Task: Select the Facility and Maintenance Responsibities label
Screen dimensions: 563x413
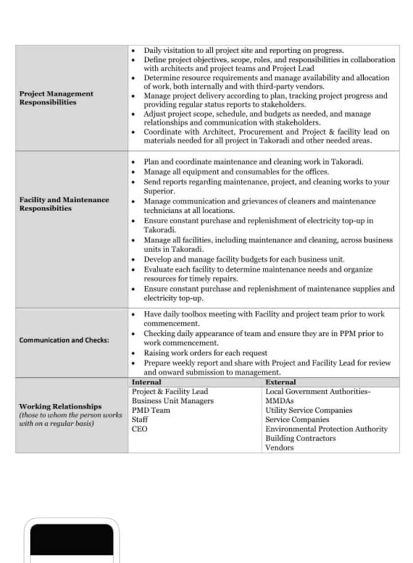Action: (64, 204)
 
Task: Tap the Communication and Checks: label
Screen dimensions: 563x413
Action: (64, 340)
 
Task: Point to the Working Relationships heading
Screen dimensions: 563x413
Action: (60, 406)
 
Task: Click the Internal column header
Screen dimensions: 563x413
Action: (146, 382)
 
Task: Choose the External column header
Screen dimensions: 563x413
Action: (281, 382)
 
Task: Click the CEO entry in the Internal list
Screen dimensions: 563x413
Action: (139, 428)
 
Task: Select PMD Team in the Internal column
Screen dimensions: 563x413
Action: (151, 410)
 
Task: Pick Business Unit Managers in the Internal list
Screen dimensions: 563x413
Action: (173, 401)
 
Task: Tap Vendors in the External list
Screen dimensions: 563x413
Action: (279, 447)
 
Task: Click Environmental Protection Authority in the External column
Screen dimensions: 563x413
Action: (326, 429)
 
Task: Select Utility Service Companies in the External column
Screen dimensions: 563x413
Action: (309, 410)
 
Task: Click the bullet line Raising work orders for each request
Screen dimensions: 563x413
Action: (205, 353)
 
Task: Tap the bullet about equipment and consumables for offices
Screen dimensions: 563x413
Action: (236, 171)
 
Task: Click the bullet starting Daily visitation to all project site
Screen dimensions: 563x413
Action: (247, 50)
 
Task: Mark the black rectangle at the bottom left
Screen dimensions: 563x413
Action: (72, 539)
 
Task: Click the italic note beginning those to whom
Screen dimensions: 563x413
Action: (71, 419)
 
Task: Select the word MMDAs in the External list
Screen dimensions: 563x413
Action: (279, 401)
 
